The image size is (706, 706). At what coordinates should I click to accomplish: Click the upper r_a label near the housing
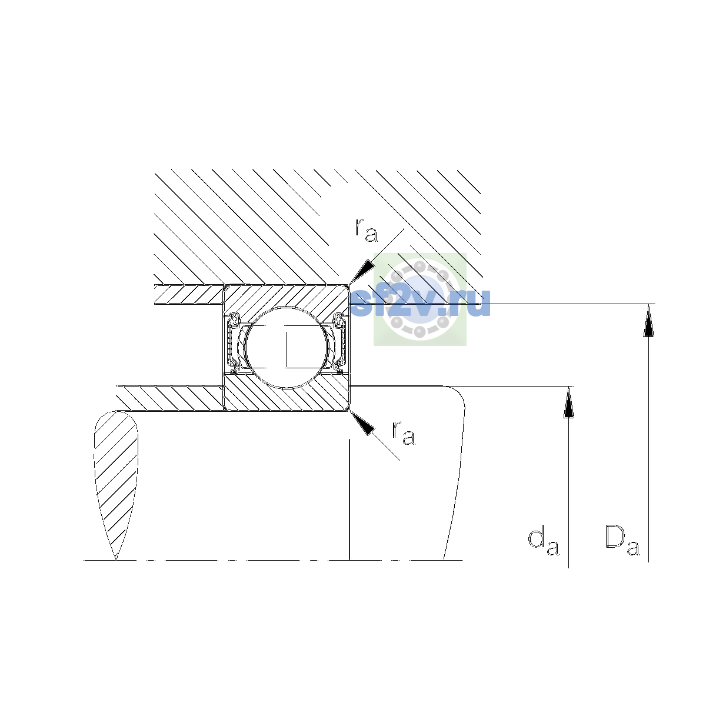click(x=366, y=231)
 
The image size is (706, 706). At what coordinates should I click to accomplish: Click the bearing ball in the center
click(x=287, y=347)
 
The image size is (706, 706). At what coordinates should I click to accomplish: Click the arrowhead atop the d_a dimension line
click(x=568, y=402)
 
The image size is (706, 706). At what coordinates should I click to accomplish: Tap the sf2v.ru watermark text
click(x=420, y=302)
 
